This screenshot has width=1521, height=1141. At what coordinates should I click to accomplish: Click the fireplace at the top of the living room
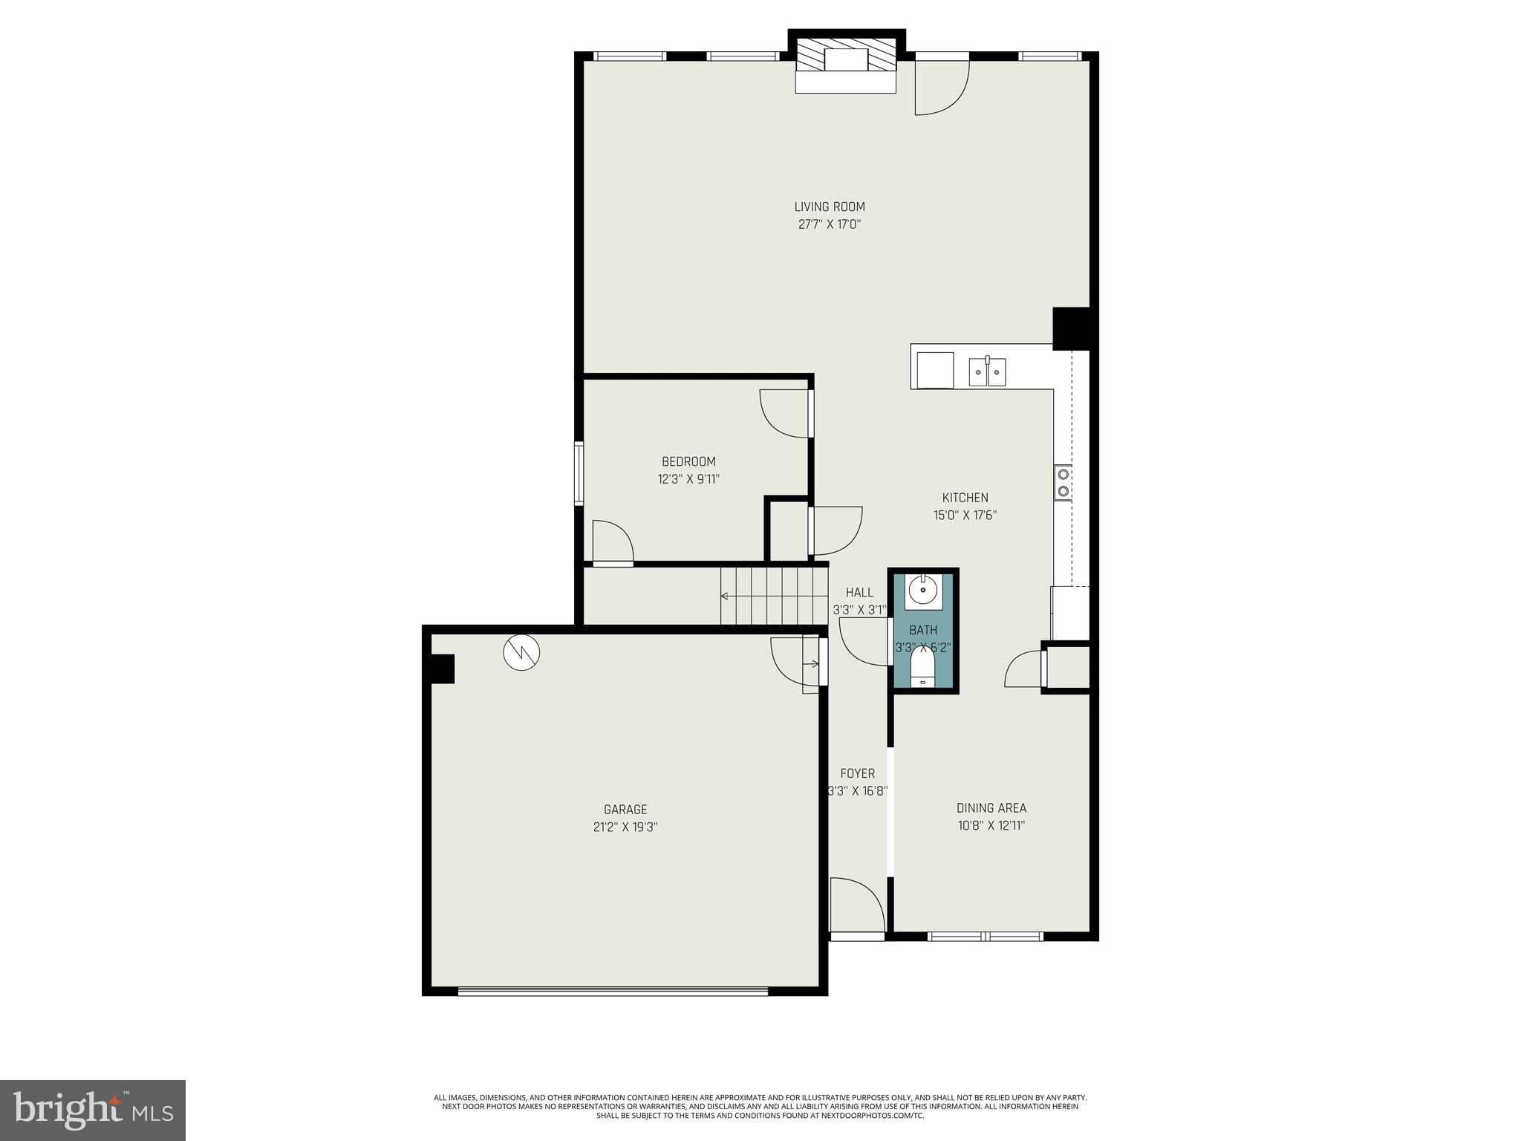click(x=846, y=64)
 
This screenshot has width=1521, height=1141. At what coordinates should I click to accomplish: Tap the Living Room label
click(x=830, y=207)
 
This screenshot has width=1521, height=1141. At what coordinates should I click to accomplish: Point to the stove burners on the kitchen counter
click(x=1063, y=481)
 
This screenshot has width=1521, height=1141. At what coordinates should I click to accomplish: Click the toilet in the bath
click(x=922, y=668)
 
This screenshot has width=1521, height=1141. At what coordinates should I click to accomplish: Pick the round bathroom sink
click(x=923, y=591)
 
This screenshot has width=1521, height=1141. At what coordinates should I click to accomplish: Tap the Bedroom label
click(x=688, y=461)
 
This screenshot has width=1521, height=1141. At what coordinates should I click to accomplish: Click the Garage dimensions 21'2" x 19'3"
click(x=625, y=827)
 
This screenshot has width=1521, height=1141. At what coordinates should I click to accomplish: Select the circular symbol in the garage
click(x=521, y=652)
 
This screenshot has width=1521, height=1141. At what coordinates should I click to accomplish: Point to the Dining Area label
click(x=991, y=808)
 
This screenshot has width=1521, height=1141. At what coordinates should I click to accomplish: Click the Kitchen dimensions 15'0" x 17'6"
click(x=965, y=515)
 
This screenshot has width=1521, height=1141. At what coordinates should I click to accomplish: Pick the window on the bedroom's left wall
click(x=579, y=474)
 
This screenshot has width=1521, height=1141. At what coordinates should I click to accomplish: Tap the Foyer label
click(x=857, y=773)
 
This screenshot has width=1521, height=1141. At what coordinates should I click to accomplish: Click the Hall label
click(x=859, y=592)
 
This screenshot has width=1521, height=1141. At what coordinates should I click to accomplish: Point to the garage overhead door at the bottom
click(x=613, y=990)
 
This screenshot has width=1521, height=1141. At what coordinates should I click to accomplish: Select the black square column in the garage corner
click(x=443, y=668)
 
